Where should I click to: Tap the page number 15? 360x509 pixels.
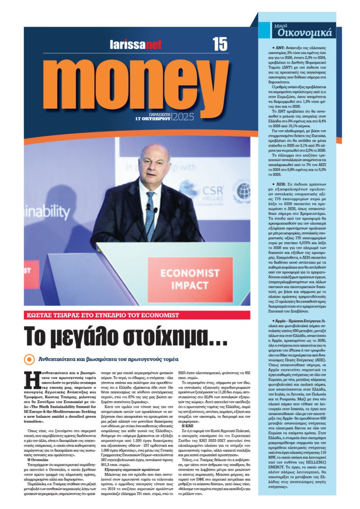pos(220,44)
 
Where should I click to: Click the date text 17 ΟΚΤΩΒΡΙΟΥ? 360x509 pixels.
pos(153,119)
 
